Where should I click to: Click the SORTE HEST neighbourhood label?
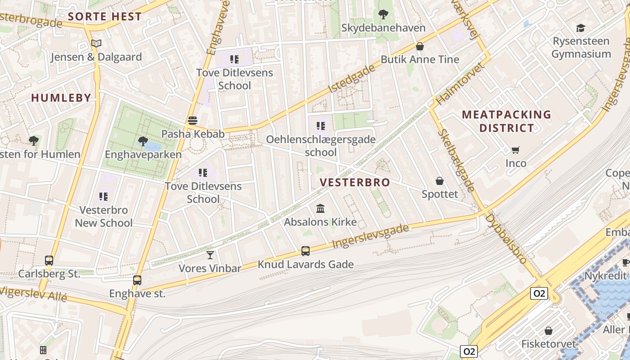pos(104,17)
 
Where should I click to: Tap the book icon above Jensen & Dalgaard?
pos(96,44)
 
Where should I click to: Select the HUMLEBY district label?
pos(61,98)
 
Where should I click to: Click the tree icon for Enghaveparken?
pos(143,141)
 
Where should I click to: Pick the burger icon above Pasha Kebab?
pos(193,121)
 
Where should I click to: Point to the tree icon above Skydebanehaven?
pos(383,14)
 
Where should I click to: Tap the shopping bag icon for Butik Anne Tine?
pos(420,46)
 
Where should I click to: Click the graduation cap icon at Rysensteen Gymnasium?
pos(581,28)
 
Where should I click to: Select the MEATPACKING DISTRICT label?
pos(506,121)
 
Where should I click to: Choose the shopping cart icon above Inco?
pos(516,150)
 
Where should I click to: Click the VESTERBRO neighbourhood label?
pos(355,182)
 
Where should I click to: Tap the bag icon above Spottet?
pos(440,181)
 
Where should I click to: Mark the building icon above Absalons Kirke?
pos(320,209)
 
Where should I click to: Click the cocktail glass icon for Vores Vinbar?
pos(210,255)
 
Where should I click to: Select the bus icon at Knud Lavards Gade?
pos(306,251)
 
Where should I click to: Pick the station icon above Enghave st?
pos(137,280)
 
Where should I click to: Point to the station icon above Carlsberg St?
pos(49,261)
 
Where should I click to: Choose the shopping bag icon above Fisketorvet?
pos(549,331)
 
